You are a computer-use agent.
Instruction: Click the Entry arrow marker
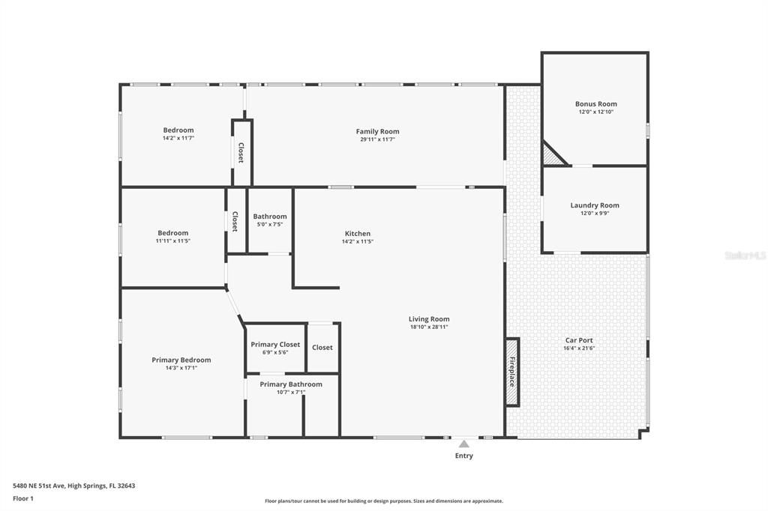coord(463,444)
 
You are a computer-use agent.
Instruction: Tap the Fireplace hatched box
coord(512,372)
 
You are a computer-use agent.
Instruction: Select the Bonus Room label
coord(596,103)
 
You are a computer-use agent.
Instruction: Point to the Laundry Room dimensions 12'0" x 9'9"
coord(595,214)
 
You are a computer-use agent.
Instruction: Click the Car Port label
coord(579,340)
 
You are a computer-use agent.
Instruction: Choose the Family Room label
coord(378,131)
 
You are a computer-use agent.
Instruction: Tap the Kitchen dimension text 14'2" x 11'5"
coord(358,241)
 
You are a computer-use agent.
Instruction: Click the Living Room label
coord(429,319)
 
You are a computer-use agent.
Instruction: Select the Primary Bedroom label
coord(181,360)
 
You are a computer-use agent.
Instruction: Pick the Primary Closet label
coord(275,344)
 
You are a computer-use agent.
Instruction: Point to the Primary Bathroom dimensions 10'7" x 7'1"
coord(291,392)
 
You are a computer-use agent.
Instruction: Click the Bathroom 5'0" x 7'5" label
coord(270,217)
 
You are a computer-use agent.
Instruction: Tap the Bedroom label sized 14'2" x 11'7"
coord(178,130)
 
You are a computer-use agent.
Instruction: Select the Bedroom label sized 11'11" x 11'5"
coord(173,233)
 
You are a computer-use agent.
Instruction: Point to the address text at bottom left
coord(74,486)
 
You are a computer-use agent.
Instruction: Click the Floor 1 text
coord(23,499)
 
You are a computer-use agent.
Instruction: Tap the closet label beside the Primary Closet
coord(322,348)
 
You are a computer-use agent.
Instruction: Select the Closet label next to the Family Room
coord(241,153)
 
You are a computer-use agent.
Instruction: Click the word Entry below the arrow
coord(463,456)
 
